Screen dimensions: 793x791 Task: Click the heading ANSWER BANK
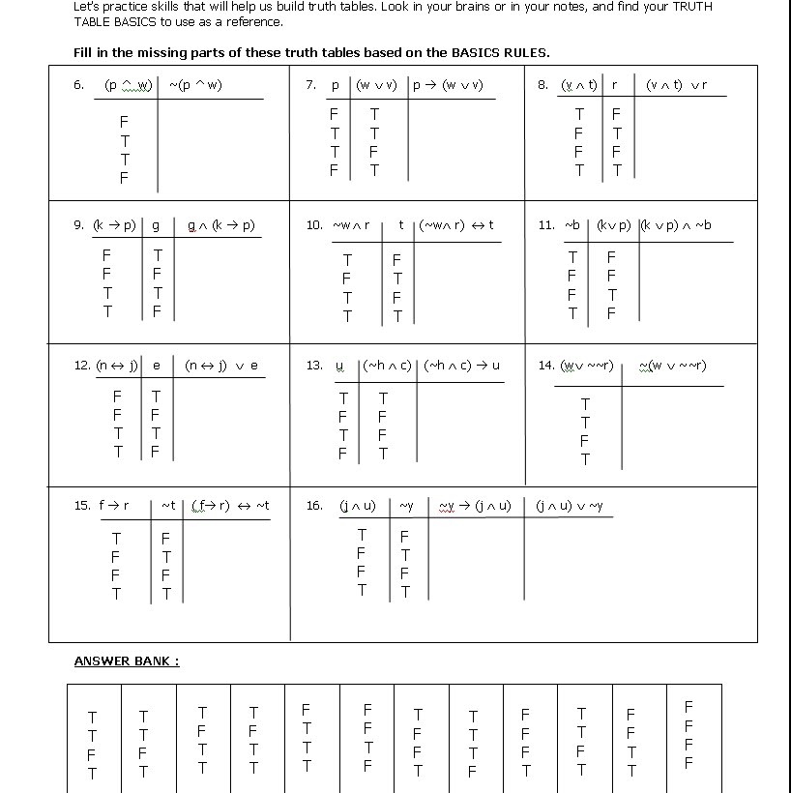pos(127,661)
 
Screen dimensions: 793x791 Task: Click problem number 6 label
pos(79,85)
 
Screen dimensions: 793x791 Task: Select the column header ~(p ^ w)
pos(195,85)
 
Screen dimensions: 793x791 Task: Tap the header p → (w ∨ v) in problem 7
pos(448,85)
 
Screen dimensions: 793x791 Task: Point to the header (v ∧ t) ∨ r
pos(676,85)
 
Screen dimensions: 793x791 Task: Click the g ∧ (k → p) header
pos(221,225)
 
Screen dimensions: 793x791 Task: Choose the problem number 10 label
pos(314,225)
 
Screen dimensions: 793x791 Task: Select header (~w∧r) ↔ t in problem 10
pos(455,225)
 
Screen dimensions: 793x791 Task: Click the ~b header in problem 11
pos(572,225)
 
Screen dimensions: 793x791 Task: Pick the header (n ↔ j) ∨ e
pos(221,366)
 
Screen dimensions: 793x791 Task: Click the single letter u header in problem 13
pos(339,366)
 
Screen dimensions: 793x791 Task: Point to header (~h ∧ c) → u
pos(462,366)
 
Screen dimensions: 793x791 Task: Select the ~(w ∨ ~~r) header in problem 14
pos(672,366)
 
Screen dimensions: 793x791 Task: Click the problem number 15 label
pos(82,506)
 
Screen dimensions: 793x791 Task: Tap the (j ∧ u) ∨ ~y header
pos(569,506)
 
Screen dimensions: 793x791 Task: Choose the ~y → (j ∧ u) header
pos(474,506)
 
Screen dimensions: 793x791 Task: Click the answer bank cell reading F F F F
pos(688,735)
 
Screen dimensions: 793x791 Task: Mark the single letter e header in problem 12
pos(156,366)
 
